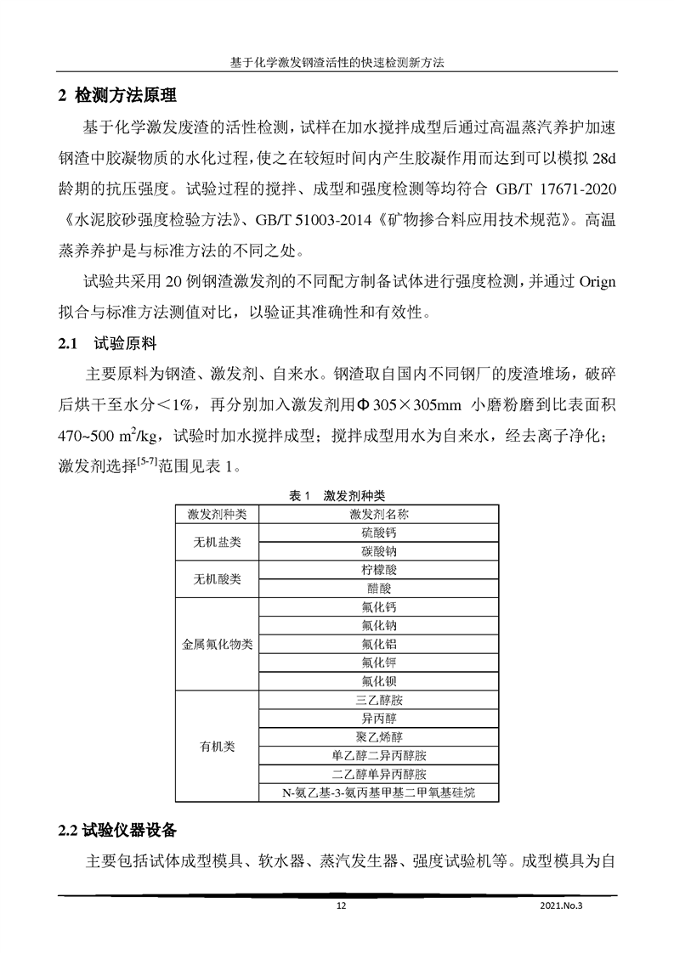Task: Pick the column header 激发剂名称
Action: pos(378,515)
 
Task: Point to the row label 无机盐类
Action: pos(218,542)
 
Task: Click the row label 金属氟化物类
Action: pos(218,645)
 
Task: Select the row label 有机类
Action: pos(218,747)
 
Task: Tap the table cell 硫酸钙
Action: pos(378,533)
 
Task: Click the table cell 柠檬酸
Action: pos(378,570)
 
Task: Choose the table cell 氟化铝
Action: pos(378,644)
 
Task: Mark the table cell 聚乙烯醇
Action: pos(378,736)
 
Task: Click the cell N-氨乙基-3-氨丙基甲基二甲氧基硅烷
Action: pos(378,792)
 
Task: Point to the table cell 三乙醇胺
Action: pos(378,700)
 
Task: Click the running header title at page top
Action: pos(337,64)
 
